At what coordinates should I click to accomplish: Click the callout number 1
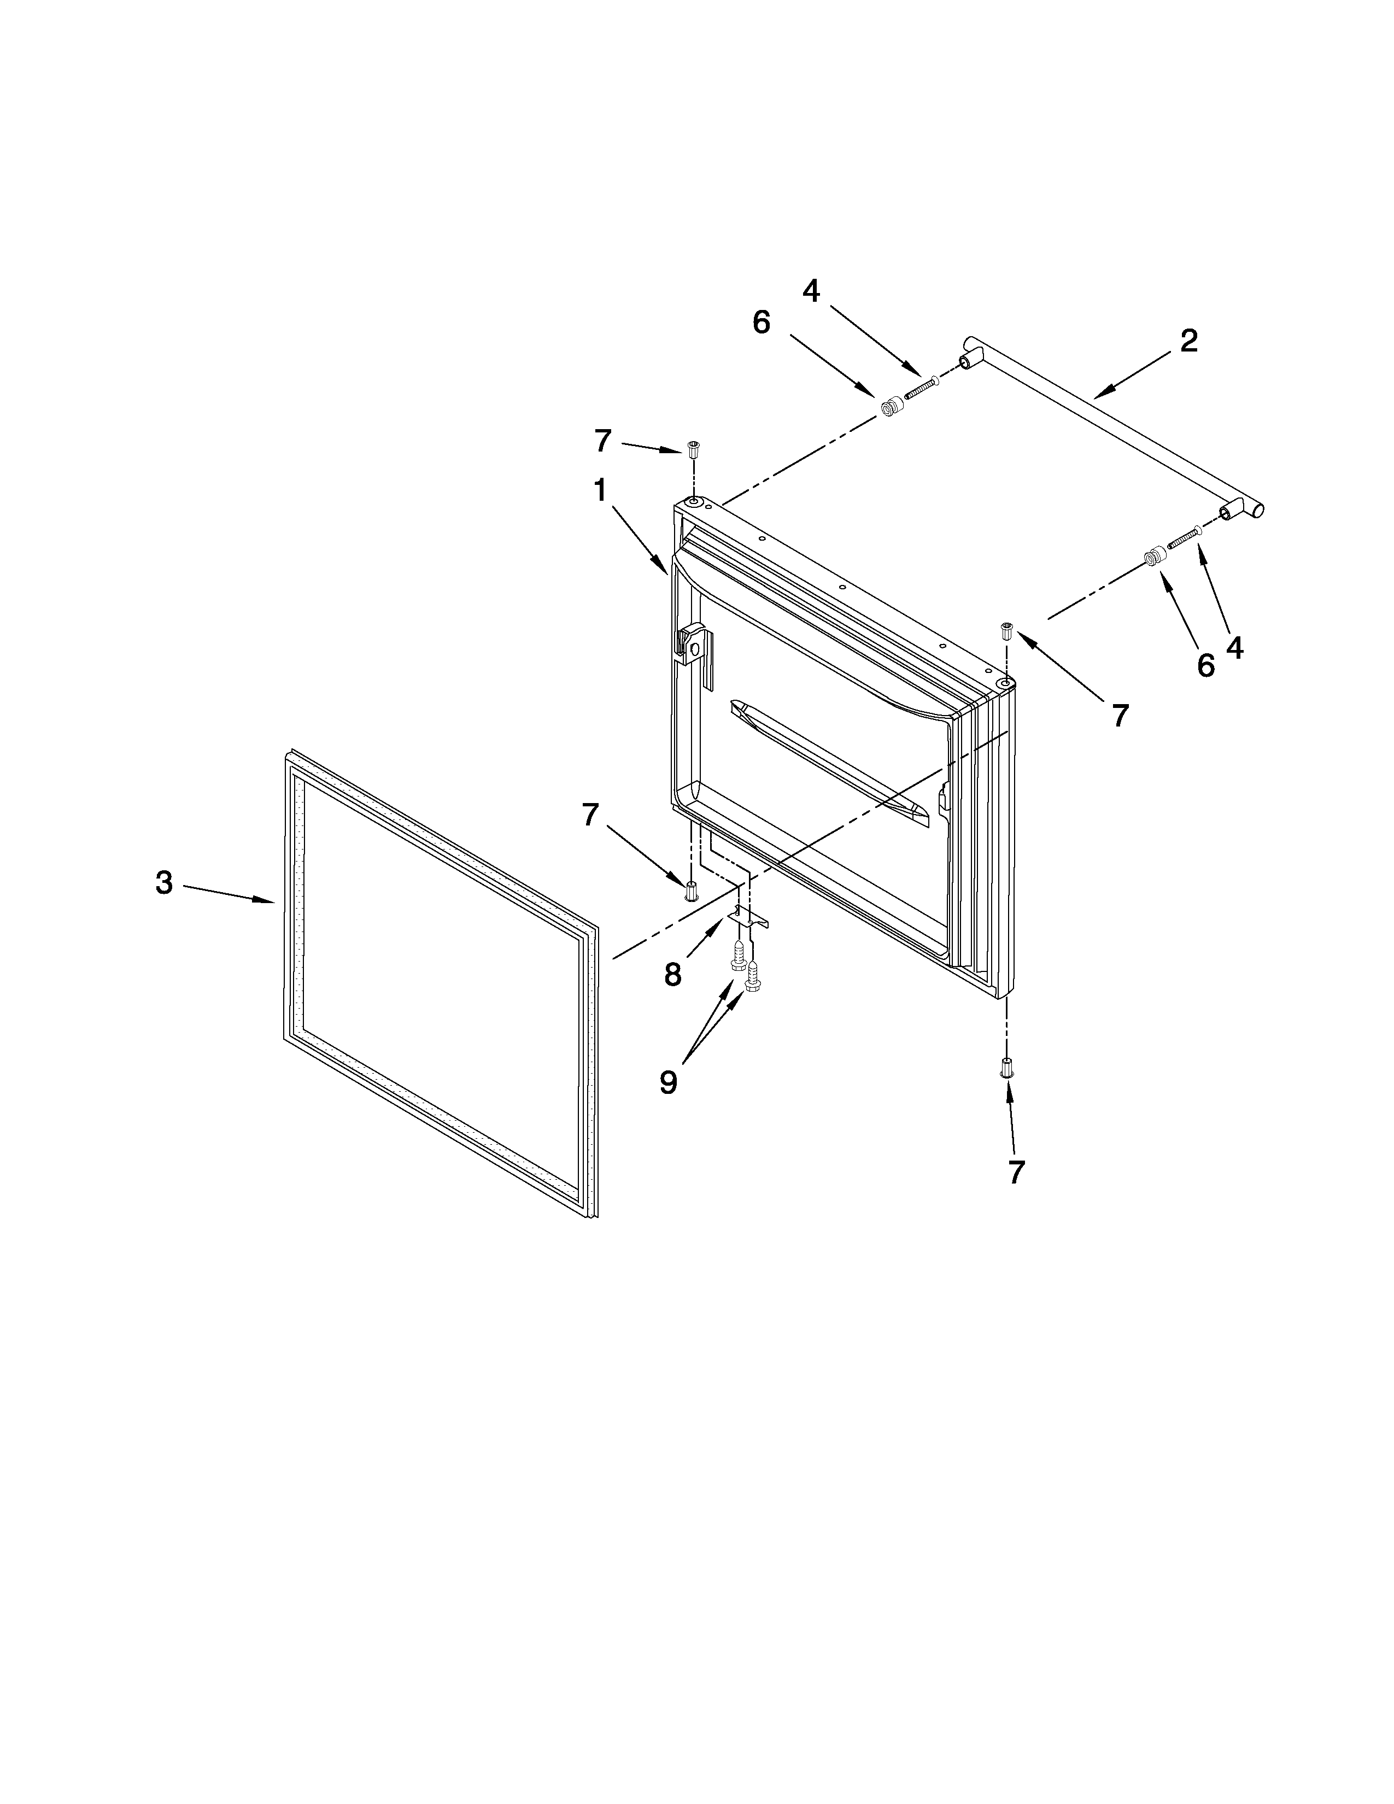click(600, 491)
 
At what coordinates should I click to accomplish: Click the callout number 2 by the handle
click(1187, 341)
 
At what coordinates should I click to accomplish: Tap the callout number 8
click(672, 975)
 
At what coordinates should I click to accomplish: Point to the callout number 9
click(668, 1081)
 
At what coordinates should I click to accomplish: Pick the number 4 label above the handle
click(811, 291)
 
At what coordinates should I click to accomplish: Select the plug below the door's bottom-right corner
click(1006, 1067)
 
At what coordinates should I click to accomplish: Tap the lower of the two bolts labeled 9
click(752, 981)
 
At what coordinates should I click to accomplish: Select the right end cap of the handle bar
click(1256, 509)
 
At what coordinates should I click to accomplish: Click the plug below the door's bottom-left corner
click(691, 891)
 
